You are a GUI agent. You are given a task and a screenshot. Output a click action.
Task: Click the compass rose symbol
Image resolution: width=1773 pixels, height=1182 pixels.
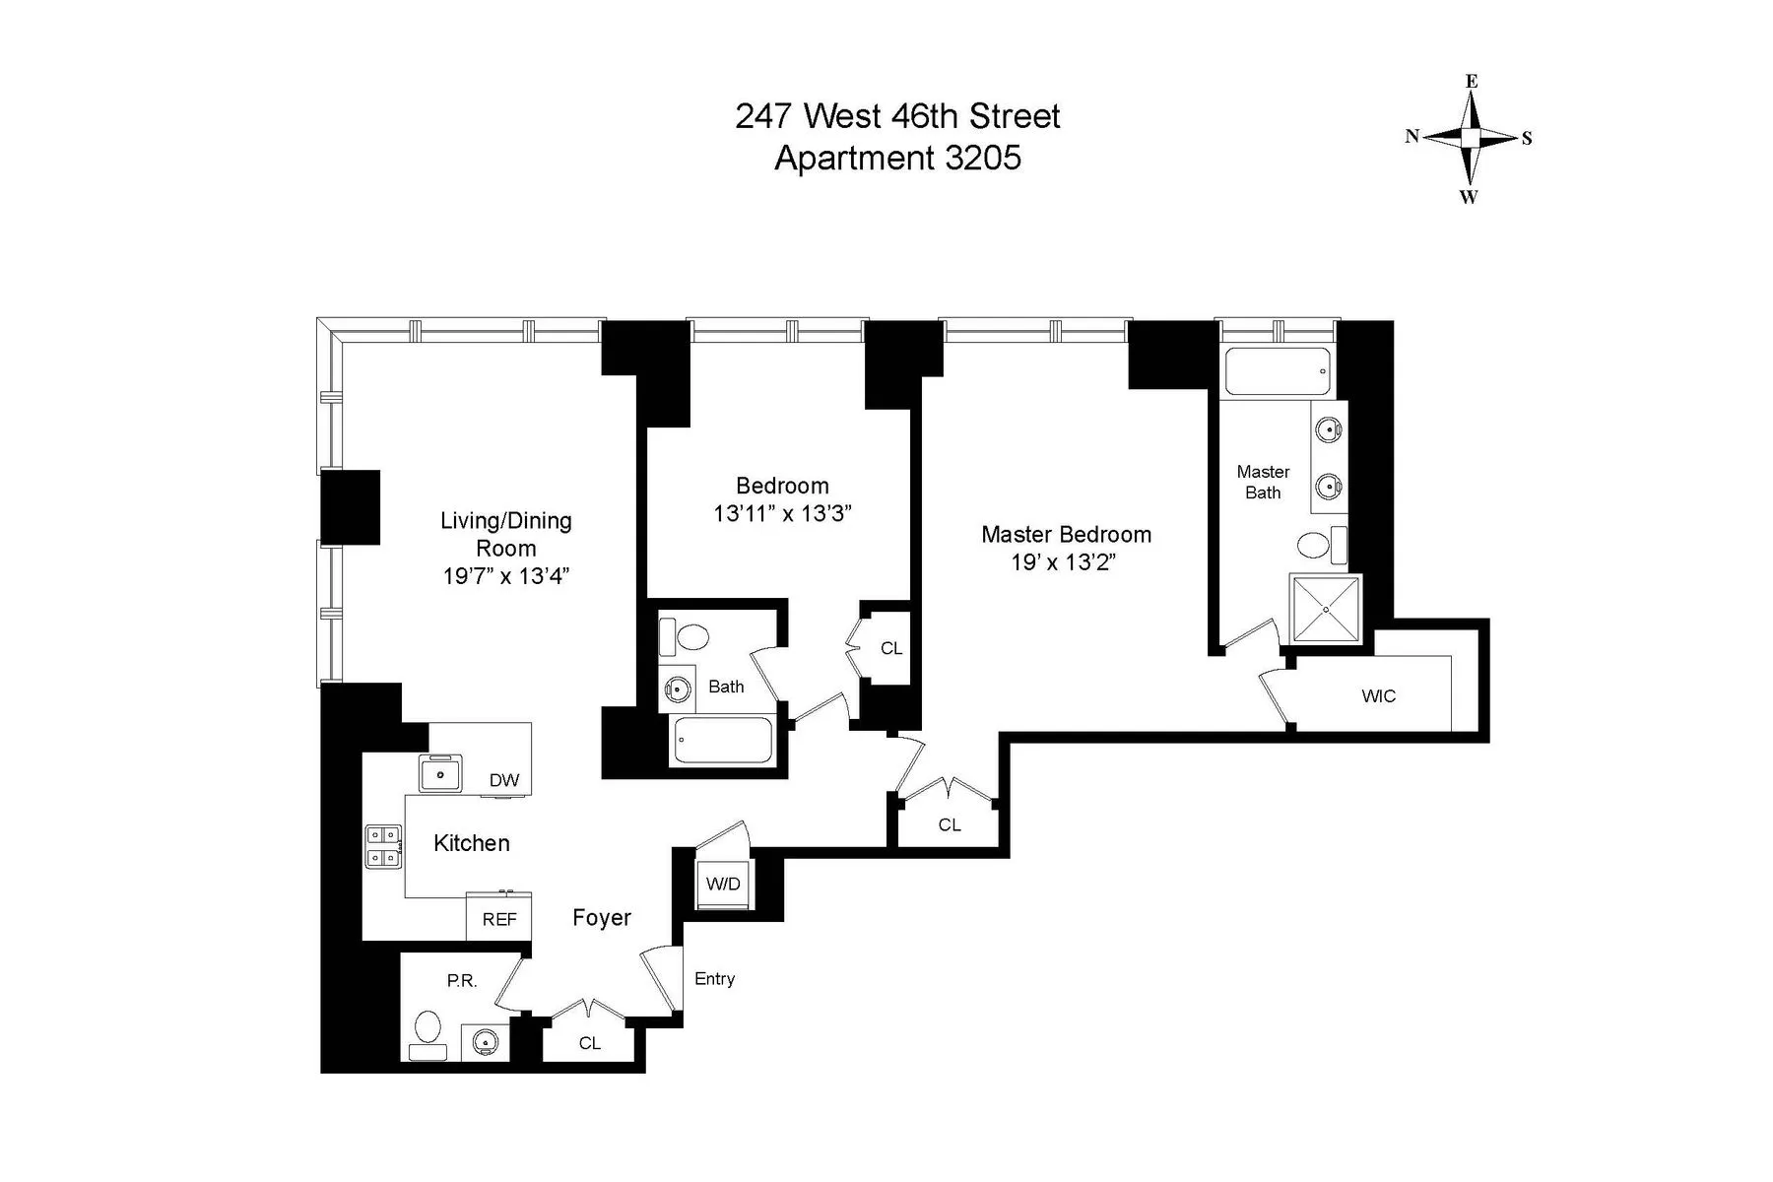pos(1470,139)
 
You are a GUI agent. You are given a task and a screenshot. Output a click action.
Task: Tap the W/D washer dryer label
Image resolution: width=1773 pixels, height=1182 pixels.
pos(722,884)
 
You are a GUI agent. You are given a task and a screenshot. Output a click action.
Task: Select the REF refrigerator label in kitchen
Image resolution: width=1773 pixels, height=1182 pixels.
pos(499,919)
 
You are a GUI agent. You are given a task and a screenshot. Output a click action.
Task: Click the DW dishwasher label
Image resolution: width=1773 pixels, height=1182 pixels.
pos(504,780)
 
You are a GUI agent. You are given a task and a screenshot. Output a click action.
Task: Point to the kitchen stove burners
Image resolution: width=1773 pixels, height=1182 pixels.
pos(384,846)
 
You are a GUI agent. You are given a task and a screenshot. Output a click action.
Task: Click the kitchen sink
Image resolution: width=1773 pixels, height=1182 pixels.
pos(440,773)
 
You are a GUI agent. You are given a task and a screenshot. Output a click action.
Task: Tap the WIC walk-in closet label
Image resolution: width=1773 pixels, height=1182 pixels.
pos(1378,696)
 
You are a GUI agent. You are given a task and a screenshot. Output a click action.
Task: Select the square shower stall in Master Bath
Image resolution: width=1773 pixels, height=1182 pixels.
pos(1326,609)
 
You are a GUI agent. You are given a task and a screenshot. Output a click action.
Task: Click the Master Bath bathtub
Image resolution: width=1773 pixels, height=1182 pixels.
pos(1278,371)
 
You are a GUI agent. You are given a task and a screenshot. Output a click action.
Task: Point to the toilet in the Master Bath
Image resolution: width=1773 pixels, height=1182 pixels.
pos(1313,545)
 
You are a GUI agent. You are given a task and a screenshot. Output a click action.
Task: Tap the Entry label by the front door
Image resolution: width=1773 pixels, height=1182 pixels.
pos(714,978)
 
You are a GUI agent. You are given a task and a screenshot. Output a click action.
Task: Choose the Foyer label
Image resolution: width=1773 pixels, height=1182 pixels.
pos(602,917)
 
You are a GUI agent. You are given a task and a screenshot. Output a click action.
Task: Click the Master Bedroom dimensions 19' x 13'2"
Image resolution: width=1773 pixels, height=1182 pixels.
pos(1066,562)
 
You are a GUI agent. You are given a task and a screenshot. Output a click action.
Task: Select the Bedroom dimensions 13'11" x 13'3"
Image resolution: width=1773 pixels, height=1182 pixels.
pos(782,513)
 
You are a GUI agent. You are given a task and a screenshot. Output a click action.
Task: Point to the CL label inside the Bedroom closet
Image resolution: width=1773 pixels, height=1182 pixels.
pos(890,648)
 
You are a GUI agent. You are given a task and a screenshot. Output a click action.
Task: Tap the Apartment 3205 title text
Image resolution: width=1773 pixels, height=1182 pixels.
pos(897,158)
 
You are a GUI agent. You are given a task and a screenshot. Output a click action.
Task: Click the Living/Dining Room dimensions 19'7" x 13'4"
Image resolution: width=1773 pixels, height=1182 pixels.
pos(506,576)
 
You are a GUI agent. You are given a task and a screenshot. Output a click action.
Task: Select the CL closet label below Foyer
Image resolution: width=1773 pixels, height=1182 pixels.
pos(589,1043)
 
